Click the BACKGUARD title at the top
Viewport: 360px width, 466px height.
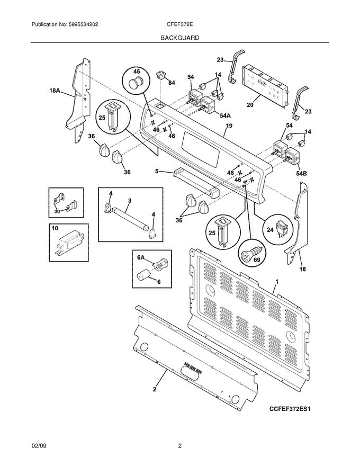pyautogui.click(x=181, y=38)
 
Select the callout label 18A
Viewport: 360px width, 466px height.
pyautogui.click(x=54, y=91)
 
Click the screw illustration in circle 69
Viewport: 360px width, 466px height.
pyautogui.click(x=251, y=255)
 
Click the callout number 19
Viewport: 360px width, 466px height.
pyautogui.click(x=229, y=126)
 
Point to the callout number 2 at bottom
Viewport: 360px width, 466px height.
pyautogui.click(x=155, y=390)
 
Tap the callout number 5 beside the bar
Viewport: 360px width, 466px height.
pyautogui.click(x=157, y=171)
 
